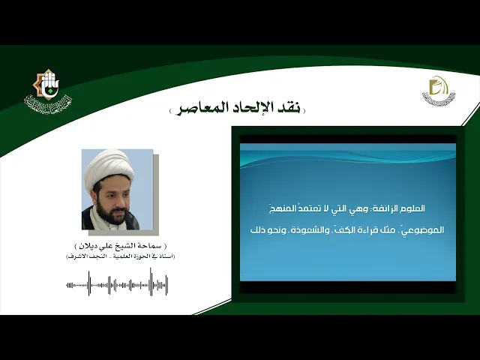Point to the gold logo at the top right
coord(438,91)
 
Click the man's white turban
coord(107,169)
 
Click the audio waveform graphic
coord(117,284)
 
